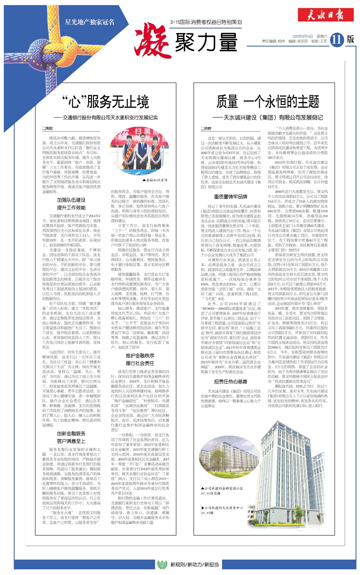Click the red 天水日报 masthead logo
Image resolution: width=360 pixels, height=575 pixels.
(x=326, y=16)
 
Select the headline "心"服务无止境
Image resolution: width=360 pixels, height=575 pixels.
(x=105, y=102)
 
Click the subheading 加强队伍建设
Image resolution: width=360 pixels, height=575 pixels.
(x=71, y=200)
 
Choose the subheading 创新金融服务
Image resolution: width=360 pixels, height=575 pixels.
(x=71, y=433)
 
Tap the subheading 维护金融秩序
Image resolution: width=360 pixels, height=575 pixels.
(x=140, y=356)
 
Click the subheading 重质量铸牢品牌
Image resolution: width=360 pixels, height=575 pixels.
(x=230, y=197)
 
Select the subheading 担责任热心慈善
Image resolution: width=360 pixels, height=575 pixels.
(x=230, y=381)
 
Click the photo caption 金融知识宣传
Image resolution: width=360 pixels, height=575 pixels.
(x=157, y=180)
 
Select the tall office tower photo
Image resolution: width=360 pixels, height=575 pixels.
(x=292, y=474)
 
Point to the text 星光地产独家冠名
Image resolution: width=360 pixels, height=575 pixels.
(x=89, y=22)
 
